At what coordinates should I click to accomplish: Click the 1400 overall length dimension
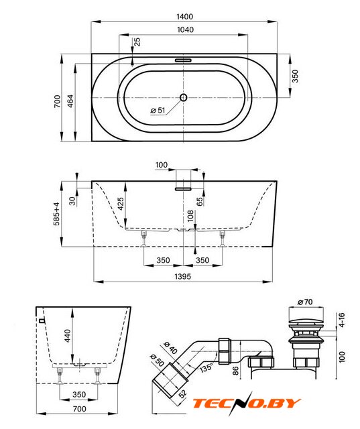[x=185, y=17]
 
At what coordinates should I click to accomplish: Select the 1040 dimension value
[x=186, y=29]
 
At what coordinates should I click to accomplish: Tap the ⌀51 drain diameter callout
[x=158, y=110]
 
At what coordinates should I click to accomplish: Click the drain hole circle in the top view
[x=183, y=97]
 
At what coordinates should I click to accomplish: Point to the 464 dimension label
[x=70, y=101]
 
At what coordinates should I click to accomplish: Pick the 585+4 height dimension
[x=56, y=214]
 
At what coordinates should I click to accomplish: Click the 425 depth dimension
[x=121, y=204]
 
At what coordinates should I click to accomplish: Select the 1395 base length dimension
[x=183, y=276]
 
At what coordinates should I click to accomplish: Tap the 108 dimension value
[x=190, y=216]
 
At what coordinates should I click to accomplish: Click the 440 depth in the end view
[x=67, y=335]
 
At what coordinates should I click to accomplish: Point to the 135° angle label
[x=206, y=367]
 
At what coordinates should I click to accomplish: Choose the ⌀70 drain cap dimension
[x=305, y=302]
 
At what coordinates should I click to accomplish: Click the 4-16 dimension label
[x=342, y=320]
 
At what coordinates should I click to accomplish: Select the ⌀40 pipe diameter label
[x=170, y=347]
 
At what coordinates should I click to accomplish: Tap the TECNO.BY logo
[x=247, y=404]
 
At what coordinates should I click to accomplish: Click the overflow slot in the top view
[x=184, y=60]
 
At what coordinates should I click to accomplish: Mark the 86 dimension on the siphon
[x=235, y=371]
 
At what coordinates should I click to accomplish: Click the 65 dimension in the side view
[x=200, y=201]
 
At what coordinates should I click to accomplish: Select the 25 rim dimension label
[x=137, y=42]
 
